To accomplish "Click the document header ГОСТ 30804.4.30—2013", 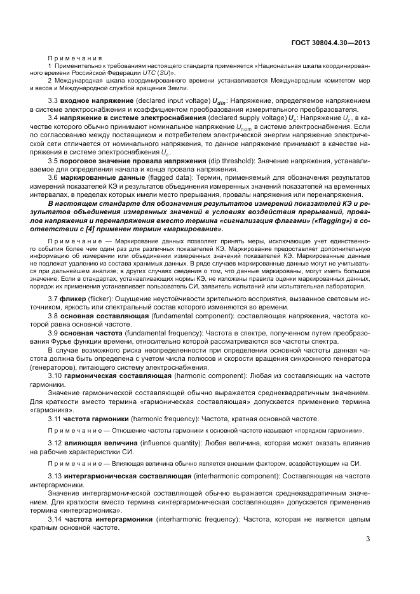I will pos(330,44).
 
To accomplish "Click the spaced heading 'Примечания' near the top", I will pos(71,57).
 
